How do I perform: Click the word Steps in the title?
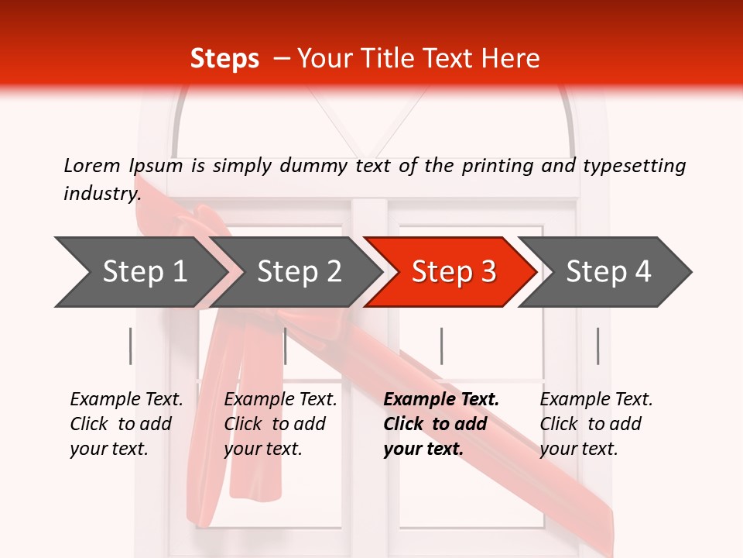(224, 59)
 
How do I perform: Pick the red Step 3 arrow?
(454, 272)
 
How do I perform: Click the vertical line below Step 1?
(130, 346)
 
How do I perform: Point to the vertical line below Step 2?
(286, 346)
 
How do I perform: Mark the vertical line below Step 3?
(441, 346)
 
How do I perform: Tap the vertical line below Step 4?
(597, 346)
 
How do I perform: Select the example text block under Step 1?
(126, 424)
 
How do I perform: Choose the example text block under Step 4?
(596, 424)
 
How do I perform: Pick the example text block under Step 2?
(280, 424)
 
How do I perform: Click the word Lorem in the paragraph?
(92, 166)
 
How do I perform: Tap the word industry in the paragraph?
(101, 194)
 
